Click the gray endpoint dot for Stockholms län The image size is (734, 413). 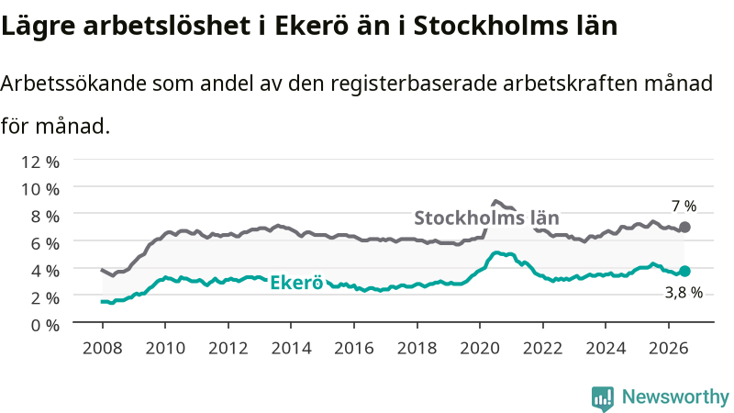684,227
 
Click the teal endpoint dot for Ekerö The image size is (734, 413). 684,271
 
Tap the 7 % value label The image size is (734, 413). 684,206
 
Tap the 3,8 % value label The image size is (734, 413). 684,293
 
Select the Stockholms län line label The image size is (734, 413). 486,218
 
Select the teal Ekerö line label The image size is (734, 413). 296,283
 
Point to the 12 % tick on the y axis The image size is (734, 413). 40,162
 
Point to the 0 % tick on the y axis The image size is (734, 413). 45,325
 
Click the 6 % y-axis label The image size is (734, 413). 45,243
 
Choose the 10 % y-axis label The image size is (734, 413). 40,189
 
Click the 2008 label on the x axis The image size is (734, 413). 103,349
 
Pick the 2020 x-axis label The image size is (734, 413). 480,349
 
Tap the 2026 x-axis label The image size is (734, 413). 669,349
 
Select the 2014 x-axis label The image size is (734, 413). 291,349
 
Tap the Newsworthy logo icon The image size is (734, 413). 603,398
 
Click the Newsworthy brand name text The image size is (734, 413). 675,396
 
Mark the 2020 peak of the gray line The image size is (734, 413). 495,201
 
